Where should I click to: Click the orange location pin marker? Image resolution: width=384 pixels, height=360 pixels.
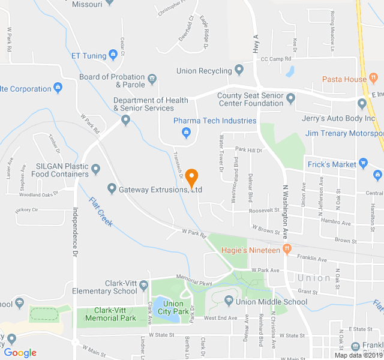(x=191, y=178)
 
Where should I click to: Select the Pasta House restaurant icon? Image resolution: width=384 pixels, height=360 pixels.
(x=373, y=79)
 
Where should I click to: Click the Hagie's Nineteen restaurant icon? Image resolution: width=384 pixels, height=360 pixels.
(x=287, y=248)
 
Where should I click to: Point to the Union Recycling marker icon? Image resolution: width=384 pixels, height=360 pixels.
(x=239, y=70)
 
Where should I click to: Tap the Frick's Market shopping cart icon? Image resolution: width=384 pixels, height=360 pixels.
(x=362, y=164)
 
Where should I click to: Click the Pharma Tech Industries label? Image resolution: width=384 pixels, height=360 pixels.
(x=215, y=121)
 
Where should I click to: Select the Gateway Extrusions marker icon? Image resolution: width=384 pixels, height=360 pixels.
(x=111, y=190)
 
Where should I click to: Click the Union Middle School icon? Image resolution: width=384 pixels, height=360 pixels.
(x=228, y=301)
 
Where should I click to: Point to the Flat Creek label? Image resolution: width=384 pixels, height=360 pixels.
(x=101, y=212)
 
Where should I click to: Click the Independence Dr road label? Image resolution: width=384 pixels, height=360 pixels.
(x=76, y=233)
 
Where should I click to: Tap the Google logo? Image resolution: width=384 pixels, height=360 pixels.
(x=20, y=353)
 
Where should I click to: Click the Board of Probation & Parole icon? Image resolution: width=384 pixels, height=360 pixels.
(x=152, y=77)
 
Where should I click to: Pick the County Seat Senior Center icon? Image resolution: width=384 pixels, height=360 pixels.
(x=291, y=97)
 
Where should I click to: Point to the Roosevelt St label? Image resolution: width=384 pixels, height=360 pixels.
(x=265, y=210)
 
